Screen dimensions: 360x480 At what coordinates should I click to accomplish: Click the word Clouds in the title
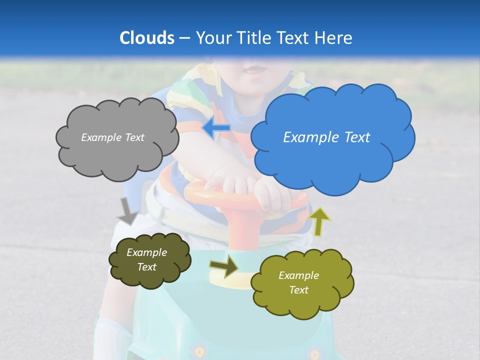click(x=146, y=38)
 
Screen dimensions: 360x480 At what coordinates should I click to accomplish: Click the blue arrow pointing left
click(x=216, y=128)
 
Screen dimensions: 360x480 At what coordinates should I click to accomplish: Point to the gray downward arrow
click(x=127, y=210)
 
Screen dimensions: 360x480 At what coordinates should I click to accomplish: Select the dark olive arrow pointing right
click(x=224, y=266)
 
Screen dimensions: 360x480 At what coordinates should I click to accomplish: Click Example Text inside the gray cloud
click(x=112, y=137)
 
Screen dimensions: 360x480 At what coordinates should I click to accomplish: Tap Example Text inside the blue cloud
click(x=326, y=137)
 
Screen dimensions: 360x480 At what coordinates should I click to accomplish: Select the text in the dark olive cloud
click(x=146, y=259)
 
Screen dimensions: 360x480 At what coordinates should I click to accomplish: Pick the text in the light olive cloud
click(x=298, y=282)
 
